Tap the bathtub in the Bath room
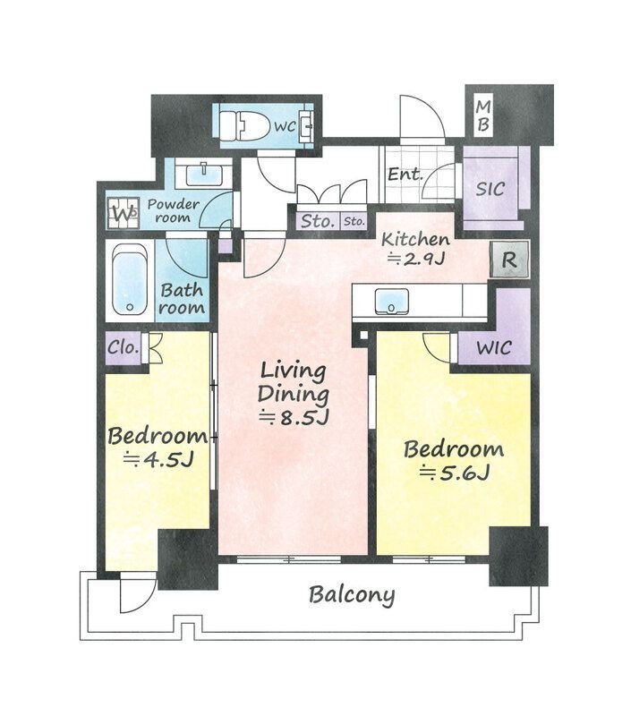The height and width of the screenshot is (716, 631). coord(130,280)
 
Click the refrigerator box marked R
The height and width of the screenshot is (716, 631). coord(509,260)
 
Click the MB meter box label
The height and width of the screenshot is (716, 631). coord(483,116)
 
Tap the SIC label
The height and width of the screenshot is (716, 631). coord(490,188)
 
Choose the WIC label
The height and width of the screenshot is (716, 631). coord(493,348)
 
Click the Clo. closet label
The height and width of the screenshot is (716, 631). coord(123,347)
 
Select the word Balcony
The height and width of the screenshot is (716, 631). coord(352,595)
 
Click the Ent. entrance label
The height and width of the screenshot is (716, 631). coord(404,175)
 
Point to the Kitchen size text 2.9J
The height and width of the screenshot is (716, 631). coord(416,260)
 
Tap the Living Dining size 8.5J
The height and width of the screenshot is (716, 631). coord(294,417)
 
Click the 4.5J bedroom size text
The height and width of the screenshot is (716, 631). coord(158,459)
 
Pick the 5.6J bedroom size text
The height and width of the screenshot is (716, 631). coord(455,473)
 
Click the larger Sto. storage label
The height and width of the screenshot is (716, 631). coord(318,221)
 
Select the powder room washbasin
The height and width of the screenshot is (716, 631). coord(204,173)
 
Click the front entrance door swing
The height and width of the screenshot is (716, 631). coord(422,116)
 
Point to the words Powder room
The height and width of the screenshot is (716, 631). coord(173,211)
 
